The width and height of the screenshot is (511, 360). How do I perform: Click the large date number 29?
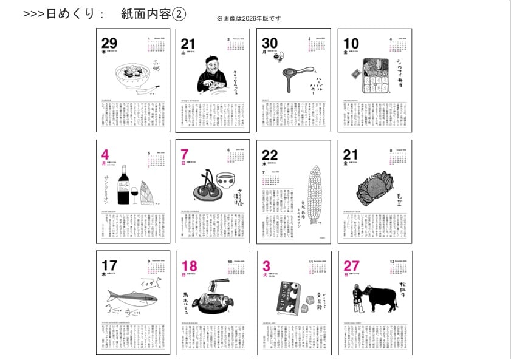click(x=109, y=43)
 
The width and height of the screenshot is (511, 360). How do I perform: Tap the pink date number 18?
click(x=189, y=266)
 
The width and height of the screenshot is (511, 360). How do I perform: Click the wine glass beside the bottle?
click(x=134, y=194)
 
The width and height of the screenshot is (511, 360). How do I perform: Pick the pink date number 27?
click(x=352, y=266)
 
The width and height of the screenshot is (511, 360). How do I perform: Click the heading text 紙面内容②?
click(x=153, y=13)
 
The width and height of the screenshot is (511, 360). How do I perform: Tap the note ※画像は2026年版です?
click(x=249, y=19)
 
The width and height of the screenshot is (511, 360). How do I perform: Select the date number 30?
click(x=270, y=43)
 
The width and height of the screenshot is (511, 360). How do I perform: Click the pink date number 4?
click(x=105, y=154)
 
